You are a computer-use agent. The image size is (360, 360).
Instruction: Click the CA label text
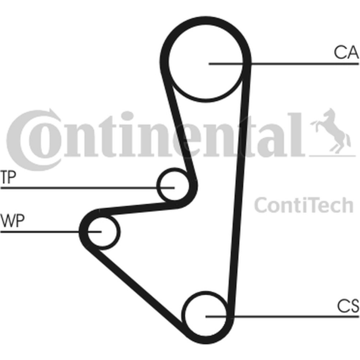click(x=346, y=52)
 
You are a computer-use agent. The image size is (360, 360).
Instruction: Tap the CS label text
click(x=348, y=306)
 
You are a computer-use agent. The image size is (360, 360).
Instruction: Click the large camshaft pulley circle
click(x=206, y=61)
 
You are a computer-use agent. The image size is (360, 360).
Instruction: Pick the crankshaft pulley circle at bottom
click(x=206, y=316)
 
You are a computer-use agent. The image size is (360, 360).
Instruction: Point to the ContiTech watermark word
click(x=303, y=205)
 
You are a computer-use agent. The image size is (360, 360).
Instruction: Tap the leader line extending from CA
click(x=284, y=63)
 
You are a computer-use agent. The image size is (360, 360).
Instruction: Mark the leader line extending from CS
click(x=282, y=317)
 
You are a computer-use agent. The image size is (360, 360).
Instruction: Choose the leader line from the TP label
click(x=87, y=188)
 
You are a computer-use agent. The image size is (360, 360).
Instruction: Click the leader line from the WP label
click(x=51, y=231)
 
